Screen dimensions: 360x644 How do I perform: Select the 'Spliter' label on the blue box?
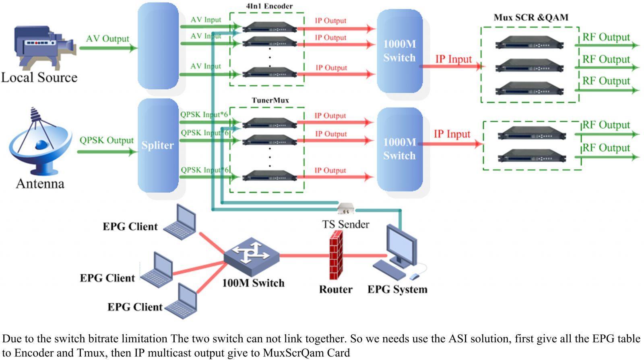157,145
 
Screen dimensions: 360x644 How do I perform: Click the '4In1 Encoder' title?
269,6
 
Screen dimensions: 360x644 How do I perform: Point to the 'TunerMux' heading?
270,100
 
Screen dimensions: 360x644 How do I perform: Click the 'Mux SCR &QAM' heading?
531,17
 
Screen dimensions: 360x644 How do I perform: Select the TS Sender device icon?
345,209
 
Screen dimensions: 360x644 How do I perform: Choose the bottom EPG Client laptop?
182,302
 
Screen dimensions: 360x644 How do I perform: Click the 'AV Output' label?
107,39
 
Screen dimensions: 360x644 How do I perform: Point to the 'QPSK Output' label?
106,140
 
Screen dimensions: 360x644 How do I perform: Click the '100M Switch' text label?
253,283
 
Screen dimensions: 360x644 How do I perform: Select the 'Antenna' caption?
40,184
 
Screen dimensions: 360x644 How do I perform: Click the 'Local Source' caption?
39,77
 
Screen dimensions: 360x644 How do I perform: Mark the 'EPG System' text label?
397,289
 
